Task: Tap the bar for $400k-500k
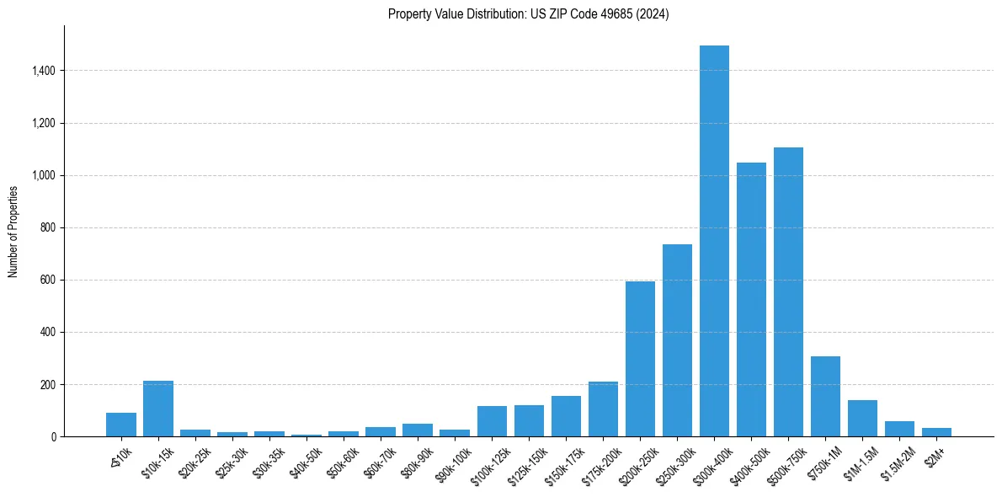point(751,300)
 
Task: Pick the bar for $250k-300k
point(677,340)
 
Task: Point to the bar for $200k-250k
point(640,359)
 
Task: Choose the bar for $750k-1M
point(825,397)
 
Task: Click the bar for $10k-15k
point(158,409)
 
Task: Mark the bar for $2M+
point(936,432)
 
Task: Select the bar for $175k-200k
point(603,409)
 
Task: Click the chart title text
point(529,14)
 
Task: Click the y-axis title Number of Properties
point(13,232)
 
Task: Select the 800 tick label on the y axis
point(47,227)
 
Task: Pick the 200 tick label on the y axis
point(47,384)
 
